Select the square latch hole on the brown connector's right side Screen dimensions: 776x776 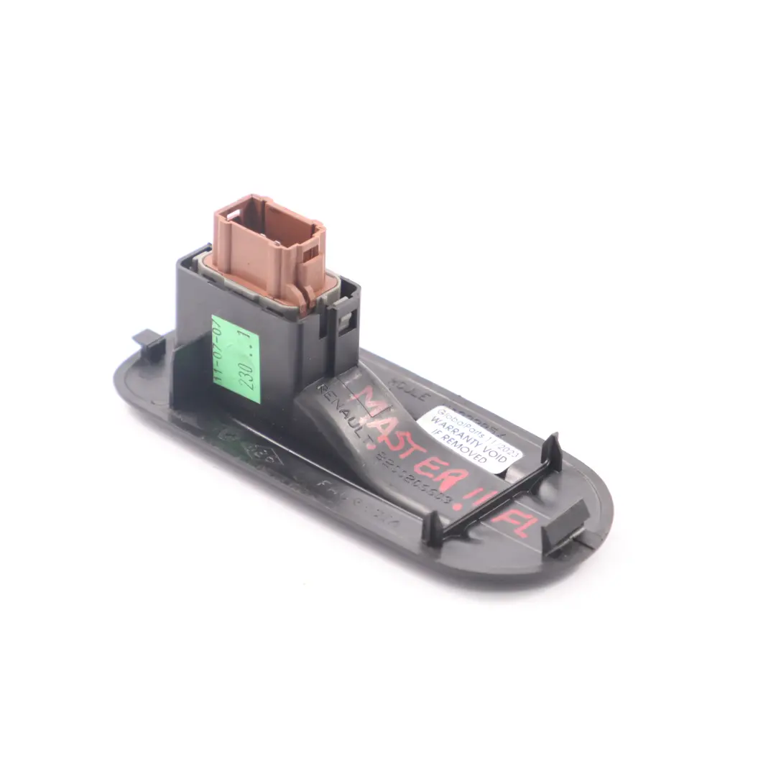tap(310, 253)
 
